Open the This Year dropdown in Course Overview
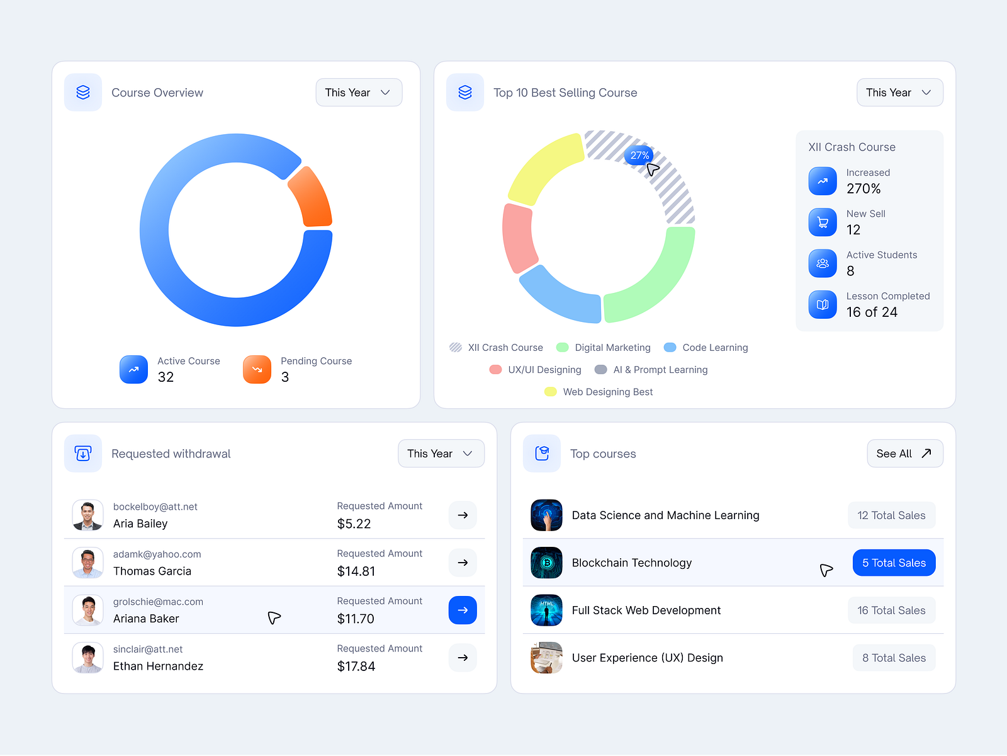[359, 93]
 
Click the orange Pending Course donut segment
[312, 197]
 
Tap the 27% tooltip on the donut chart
[639, 155]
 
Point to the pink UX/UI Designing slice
[519, 238]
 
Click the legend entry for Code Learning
[706, 348]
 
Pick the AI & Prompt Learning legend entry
[651, 370]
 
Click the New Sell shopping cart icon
[823, 222]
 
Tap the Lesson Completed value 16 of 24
[872, 312]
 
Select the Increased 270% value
[864, 189]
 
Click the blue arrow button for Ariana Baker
[463, 610]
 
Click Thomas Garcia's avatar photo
[87, 563]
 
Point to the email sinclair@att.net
[148, 650]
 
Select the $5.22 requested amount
[354, 524]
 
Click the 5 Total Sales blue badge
[894, 563]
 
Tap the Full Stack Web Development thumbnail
[546, 610]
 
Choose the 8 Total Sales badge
[894, 658]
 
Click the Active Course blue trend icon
[133, 370]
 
